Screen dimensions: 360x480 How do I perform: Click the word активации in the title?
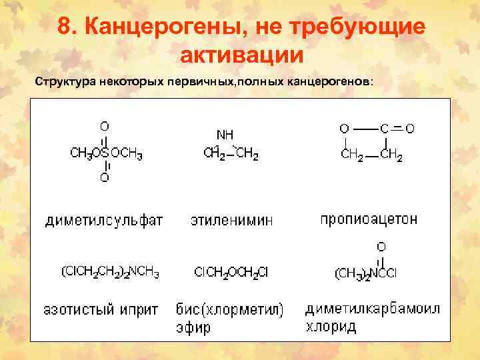241,54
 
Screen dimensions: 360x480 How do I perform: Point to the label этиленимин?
231,221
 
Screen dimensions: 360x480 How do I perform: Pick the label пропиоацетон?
369,219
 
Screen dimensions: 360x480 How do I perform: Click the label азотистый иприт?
101,309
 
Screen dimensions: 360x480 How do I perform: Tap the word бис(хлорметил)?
230,309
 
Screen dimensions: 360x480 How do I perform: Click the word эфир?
193,327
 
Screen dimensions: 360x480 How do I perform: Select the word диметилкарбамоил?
373,309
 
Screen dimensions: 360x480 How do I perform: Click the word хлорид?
331,327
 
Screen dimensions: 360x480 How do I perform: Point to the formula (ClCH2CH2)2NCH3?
110,272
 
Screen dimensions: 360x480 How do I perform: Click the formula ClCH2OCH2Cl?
231,272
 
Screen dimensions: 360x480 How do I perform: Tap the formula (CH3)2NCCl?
365,273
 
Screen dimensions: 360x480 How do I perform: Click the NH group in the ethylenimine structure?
225,135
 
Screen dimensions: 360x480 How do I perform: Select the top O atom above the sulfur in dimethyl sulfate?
105,125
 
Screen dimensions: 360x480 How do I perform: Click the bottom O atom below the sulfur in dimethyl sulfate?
105,177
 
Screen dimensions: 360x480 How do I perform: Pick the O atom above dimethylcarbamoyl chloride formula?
381,247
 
